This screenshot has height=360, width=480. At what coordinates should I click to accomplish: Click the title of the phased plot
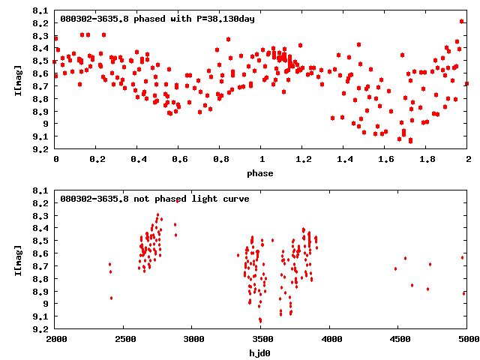click(x=157, y=19)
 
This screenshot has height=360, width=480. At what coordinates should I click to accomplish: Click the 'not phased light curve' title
click(x=154, y=199)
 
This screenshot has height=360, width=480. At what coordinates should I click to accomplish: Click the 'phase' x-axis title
click(x=262, y=173)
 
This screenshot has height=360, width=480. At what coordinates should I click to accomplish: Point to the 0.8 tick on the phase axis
click(x=220, y=160)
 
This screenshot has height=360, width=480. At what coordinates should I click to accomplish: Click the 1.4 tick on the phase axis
click(x=344, y=160)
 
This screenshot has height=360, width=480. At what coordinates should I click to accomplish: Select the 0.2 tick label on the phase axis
click(x=97, y=160)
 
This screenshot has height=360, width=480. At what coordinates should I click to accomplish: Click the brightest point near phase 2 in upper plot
click(x=462, y=22)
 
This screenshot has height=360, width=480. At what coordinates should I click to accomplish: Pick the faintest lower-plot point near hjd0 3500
click(x=260, y=320)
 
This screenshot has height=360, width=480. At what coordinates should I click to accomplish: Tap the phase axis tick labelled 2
click(x=467, y=160)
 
